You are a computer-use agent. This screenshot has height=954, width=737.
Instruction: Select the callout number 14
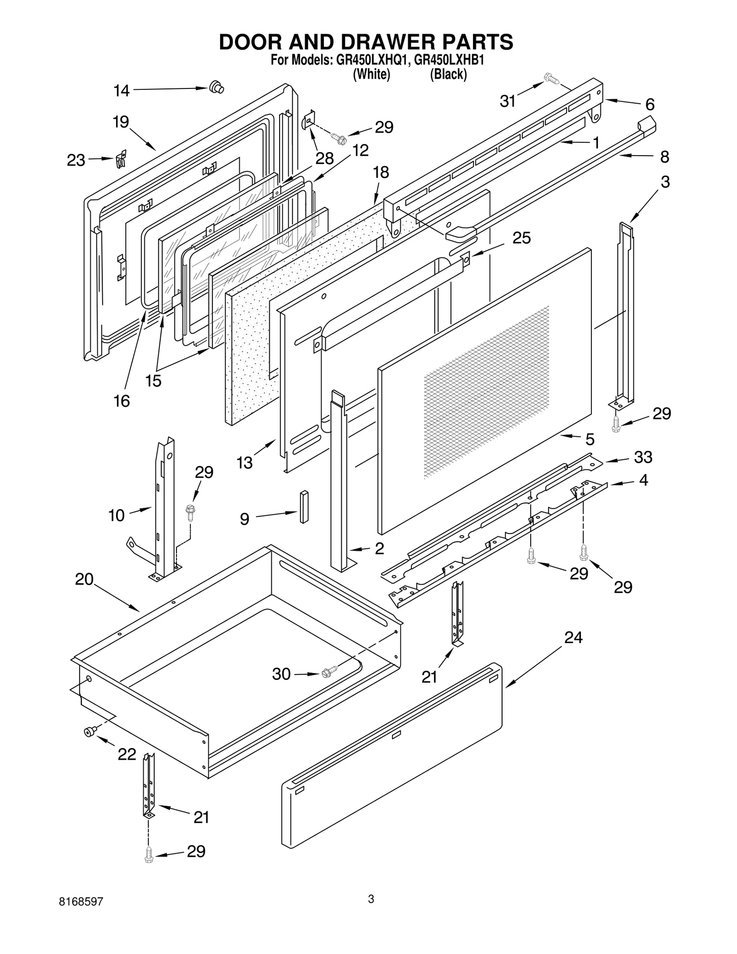click(x=122, y=91)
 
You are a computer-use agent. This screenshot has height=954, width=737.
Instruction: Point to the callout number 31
click(x=508, y=101)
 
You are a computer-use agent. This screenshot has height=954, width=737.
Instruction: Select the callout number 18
click(x=381, y=172)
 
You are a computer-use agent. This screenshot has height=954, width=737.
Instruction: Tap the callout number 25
click(x=521, y=238)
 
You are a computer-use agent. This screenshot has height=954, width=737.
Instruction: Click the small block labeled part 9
click(x=304, y=507)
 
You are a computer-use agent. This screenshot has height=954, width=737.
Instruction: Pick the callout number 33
click(x=643, y=457)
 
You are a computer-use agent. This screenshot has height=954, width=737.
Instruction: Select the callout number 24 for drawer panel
click(x=573, y=638)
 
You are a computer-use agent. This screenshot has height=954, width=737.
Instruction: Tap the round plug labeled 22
click(x=88, y=732)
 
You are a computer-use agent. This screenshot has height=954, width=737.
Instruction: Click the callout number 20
click(x=84, y=579)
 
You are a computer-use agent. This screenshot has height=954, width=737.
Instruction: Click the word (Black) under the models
click(x=448, y=74)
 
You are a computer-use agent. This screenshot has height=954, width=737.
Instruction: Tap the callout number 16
click(x=122, y=401)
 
